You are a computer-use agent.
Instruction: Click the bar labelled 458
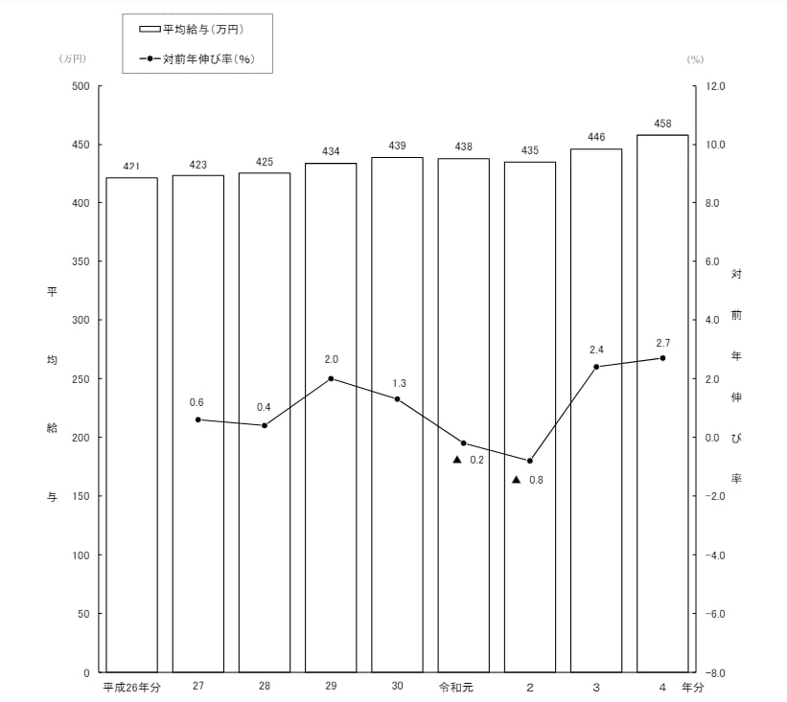(662, 402)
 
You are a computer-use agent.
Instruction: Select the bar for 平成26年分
(131, 424)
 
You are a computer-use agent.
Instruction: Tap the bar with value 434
(331, 418)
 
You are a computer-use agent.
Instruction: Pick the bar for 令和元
(463, 415)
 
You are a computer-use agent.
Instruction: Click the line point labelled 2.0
(331, 378)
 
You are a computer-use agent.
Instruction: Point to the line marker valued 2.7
(662, 358)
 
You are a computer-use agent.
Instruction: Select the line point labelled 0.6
(198, 419)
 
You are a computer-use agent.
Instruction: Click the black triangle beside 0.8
(516, 479)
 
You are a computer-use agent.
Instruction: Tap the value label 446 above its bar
(596, 137)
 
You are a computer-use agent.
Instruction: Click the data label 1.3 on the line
(399, 383)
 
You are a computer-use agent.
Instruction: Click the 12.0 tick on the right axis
(715, 86)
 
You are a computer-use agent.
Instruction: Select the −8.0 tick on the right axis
(714, 673)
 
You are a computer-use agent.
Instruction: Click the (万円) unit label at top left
(72, 58)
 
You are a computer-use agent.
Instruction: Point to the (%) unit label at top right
(695, 58)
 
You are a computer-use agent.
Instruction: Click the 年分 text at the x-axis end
(692, 688)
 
